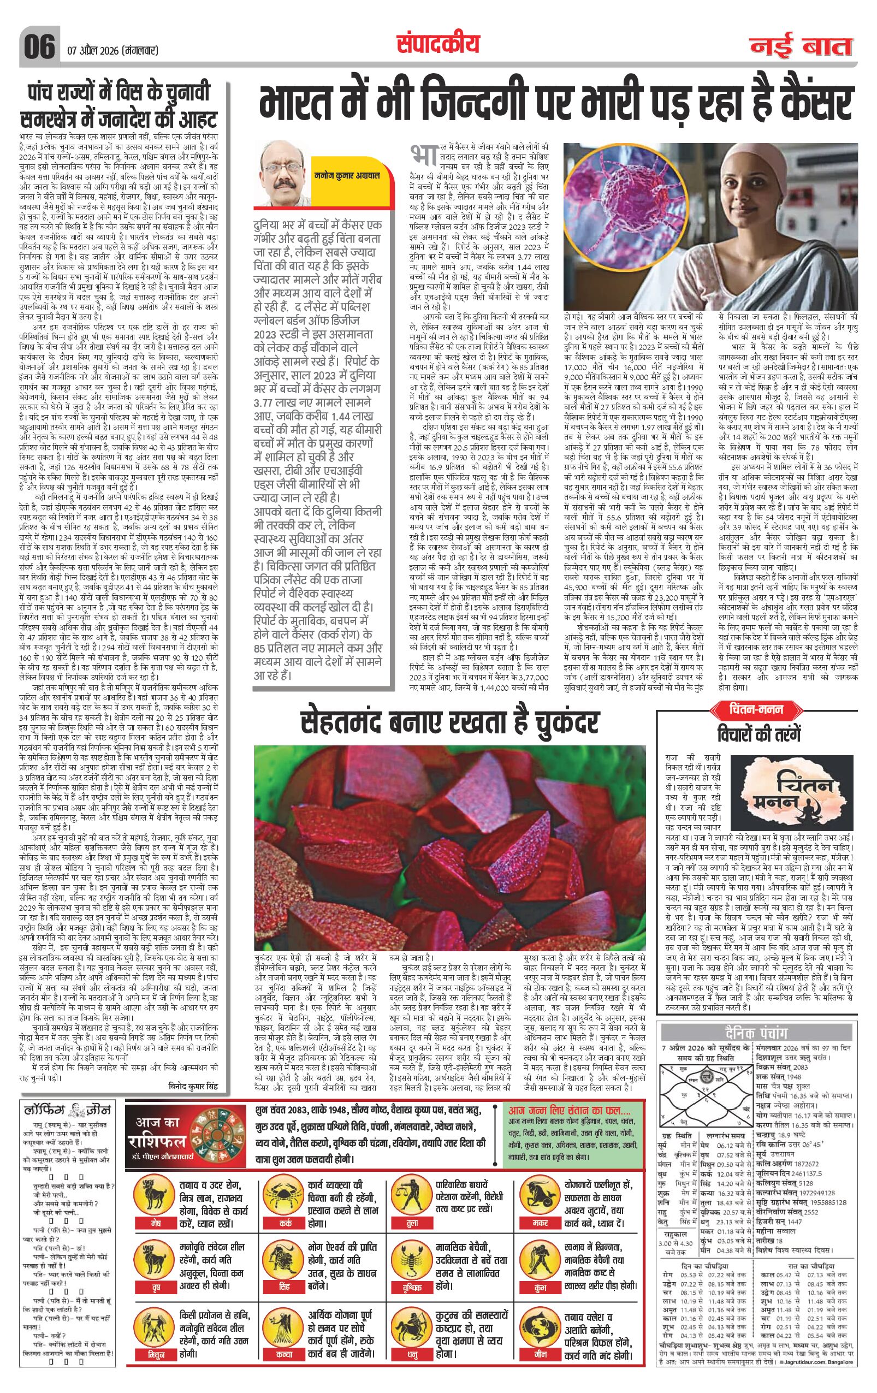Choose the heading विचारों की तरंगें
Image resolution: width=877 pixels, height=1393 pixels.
tap(759, 732)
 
